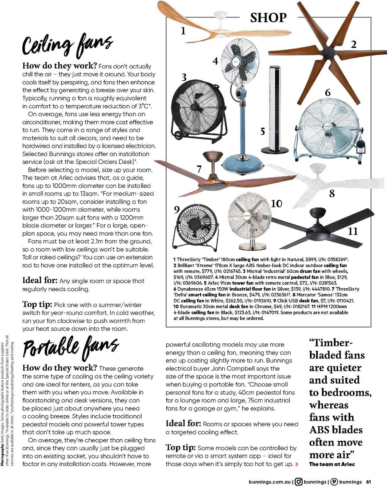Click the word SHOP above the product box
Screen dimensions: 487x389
point(268,18)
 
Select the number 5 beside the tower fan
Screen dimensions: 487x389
point(263,131)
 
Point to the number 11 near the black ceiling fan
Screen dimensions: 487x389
point(353,231)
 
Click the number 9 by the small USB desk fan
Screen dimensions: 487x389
point(177,209)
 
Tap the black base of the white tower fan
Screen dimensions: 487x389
point(275,150)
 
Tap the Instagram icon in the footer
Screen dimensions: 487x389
point(299,482)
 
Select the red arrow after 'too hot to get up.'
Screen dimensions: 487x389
point(297,464)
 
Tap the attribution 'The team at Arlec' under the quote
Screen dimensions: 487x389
point(332,464)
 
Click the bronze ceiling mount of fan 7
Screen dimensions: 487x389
point(212,156)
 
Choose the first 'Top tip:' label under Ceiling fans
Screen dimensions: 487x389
point(37,304)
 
